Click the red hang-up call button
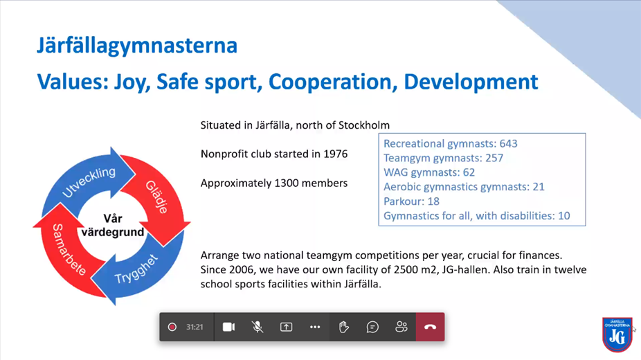coord(430,327)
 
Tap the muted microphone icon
coord(257,327)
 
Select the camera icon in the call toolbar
coord(228,327)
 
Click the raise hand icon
coord(344,327)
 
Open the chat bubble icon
coord(372,327)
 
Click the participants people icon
coord(401,327)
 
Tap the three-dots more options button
coord(315,327)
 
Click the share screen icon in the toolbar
coord(286,327)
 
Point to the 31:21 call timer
coord(195,327)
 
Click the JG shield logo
coord(617,334)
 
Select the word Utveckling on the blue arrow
coord(89,182)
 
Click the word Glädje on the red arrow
coord(157,197)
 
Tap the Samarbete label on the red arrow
coord(69,250)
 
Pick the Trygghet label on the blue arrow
coord(136,269)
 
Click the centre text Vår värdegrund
coord(112,225)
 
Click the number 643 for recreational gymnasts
coord(508,143)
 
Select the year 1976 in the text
coord(335,154)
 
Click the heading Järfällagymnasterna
coord(137,46)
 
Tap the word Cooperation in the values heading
coord(333,82)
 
